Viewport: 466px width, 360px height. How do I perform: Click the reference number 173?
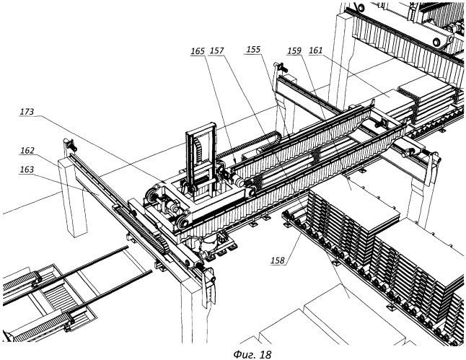(x=27, y=112)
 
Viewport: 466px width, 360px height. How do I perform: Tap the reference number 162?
(x=27, y=151)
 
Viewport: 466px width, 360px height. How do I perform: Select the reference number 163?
(x=27, y=170)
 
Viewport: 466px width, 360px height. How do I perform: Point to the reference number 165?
(x=198, y=51)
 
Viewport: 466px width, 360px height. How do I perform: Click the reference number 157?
(x=216, y=51)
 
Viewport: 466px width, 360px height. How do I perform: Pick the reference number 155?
(x=253, y=49)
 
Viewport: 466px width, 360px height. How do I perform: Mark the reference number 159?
(x=294, y=51)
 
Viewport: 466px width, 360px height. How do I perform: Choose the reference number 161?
(x=316, y=51)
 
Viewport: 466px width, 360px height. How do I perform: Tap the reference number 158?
(x=278, y=260)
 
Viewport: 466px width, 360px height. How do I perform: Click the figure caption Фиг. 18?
(x=252, y=354)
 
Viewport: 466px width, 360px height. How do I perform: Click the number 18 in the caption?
(x=265, y=354)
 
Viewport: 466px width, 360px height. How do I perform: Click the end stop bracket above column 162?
(x=70, y=146)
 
